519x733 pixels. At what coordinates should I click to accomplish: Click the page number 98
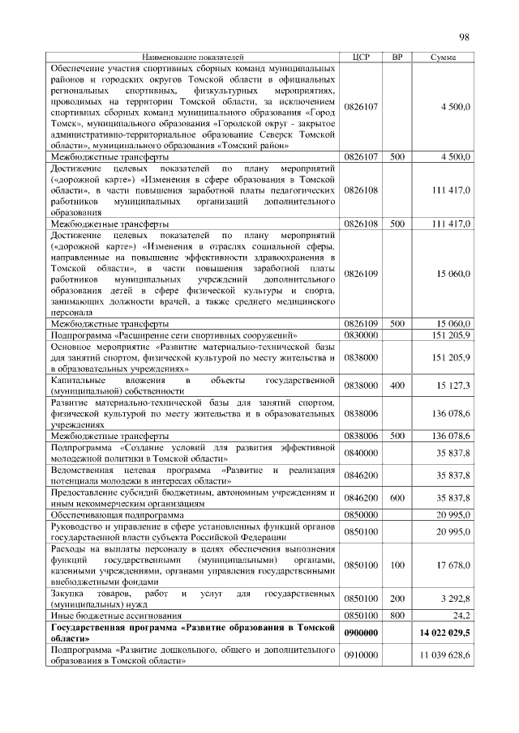pyautogui.click(x=465, y=36)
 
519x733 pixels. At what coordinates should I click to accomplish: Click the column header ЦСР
pyautogui.click(x=362, y=58)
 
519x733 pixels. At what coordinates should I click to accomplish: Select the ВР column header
pyautogui.click(x=397, y=58)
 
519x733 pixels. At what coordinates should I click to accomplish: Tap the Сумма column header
pyautogui.click(x=443, y=58)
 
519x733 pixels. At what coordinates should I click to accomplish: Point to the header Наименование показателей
pyautogui.click(x=193, y=58)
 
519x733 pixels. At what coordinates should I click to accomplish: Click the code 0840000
pyautogui.click(x=362, y=452)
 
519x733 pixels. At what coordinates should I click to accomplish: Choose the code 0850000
pyautogui.click(x=362, y=514)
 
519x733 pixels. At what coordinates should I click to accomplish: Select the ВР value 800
pyautogui.click(x=397, y=615)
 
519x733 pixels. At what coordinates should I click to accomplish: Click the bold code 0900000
pyautogui.click(x=362, y=632)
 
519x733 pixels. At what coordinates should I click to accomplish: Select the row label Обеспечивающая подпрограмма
pyautogui.click(x=117, y=514)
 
